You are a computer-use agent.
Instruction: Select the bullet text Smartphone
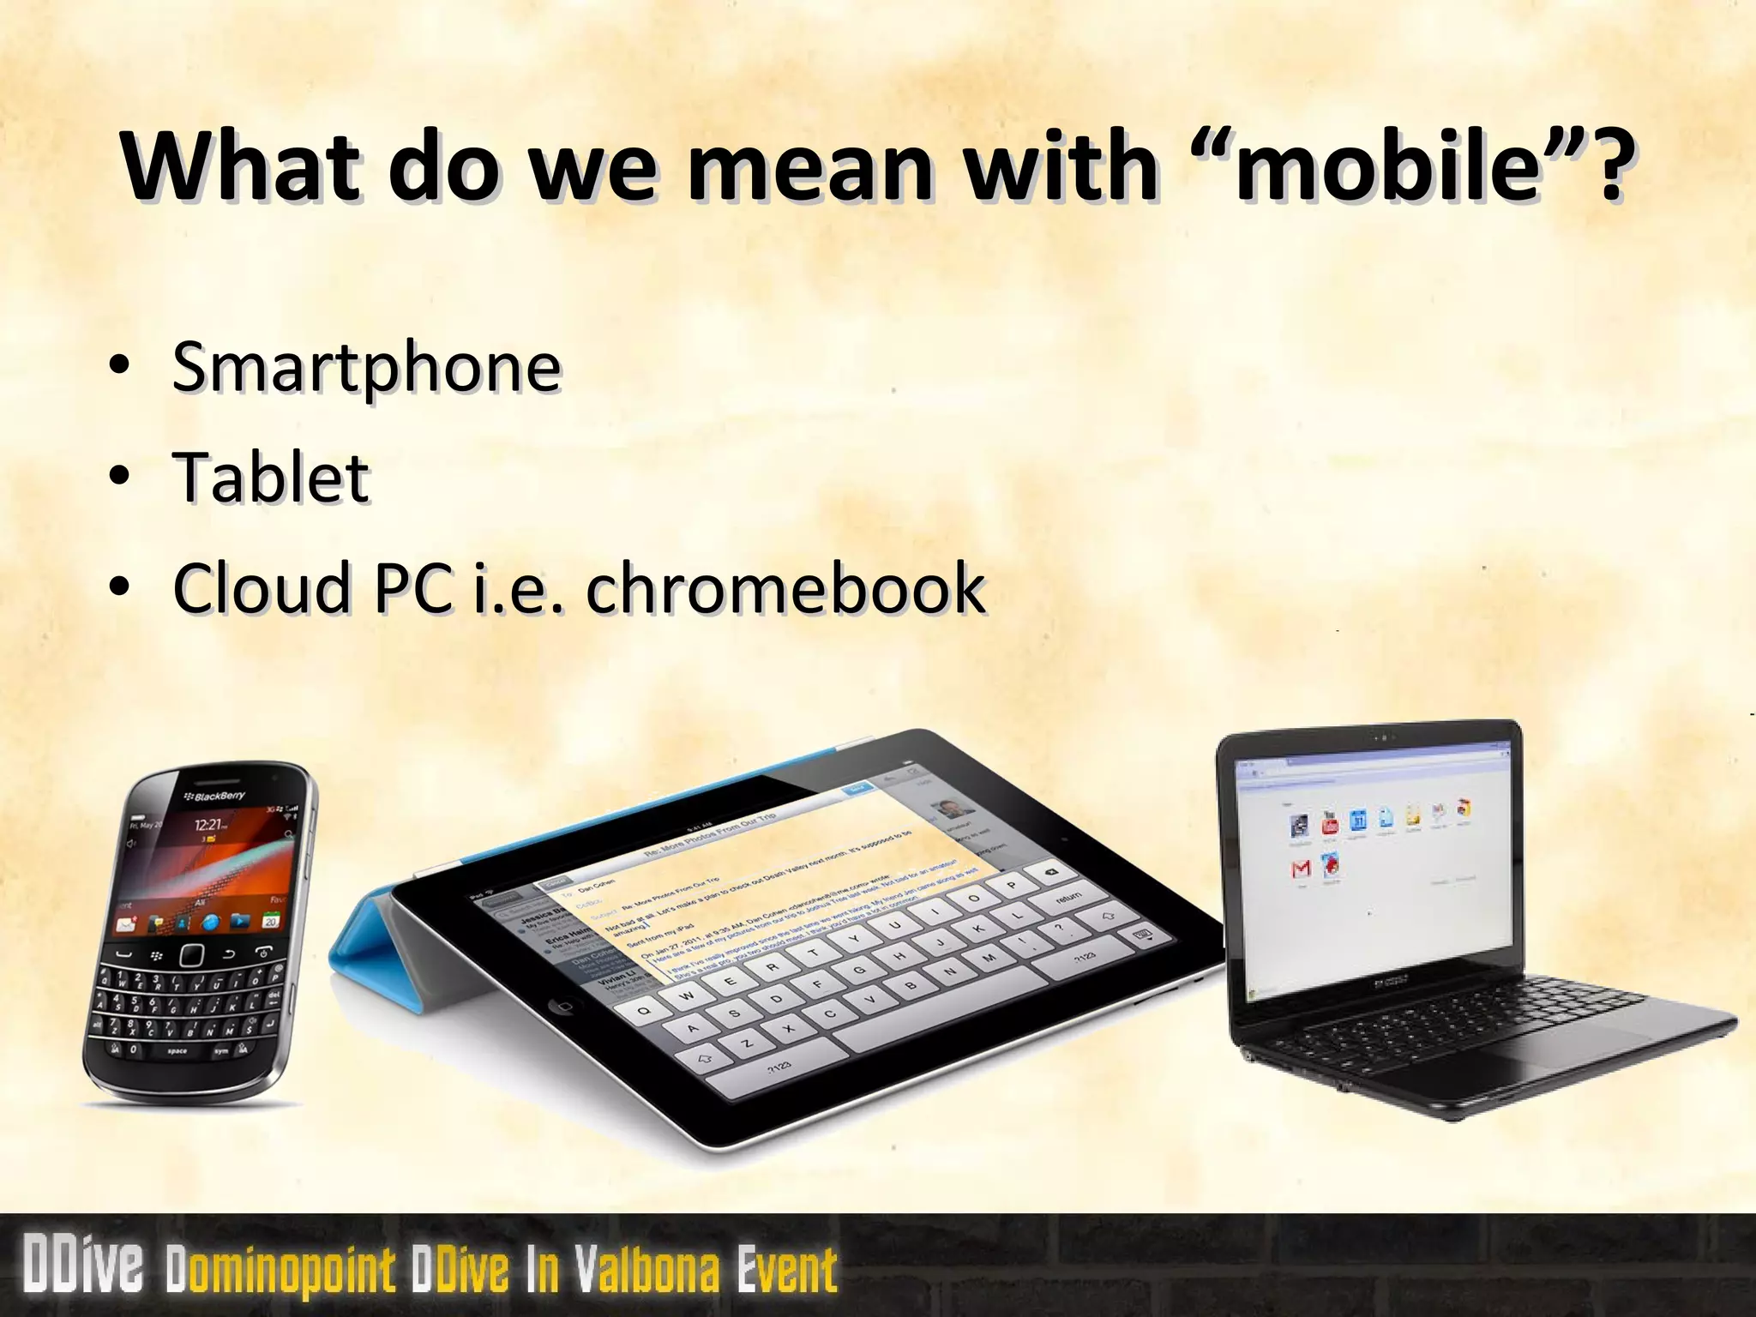[367, 367]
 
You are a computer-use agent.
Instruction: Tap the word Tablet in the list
[272, 478]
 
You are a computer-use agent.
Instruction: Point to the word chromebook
[785, 587]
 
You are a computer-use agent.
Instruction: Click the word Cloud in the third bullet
[262, 587]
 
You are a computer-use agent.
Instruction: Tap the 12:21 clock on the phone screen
[209, 825]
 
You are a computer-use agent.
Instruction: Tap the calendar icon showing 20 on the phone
[270, 921]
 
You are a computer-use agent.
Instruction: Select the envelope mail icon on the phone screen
[127, 924]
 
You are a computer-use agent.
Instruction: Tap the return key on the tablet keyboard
[1067, 897]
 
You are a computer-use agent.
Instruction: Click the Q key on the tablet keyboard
[644, 1010]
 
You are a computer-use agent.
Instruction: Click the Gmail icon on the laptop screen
[1301, 869]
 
